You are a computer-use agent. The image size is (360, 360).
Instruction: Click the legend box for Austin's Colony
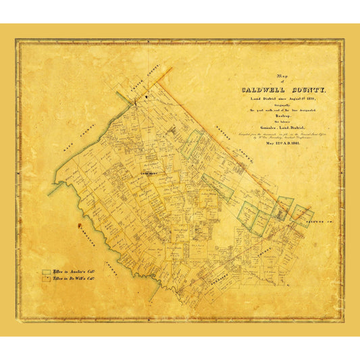[x=47, y=272]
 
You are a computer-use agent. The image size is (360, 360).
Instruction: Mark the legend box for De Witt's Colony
[x=47, y=278]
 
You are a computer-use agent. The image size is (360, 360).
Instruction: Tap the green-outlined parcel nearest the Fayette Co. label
[x=302, y=216]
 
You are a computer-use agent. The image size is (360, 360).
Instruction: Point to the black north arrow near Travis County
[x=135, y=101]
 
